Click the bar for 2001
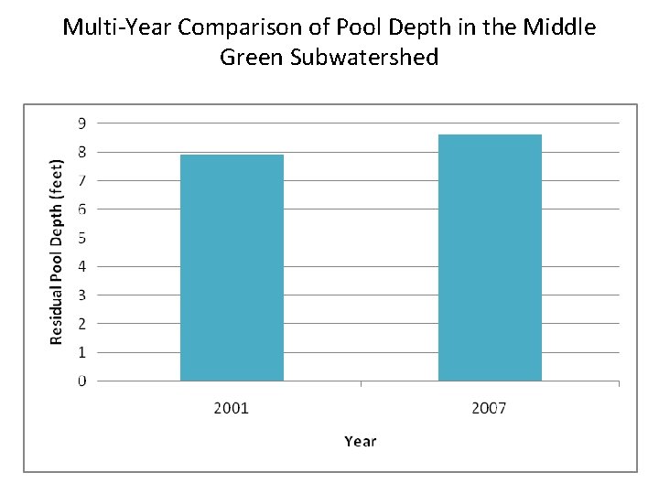[232, 267]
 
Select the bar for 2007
[490, 257]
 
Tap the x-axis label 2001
[232, 408]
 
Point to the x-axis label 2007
[490, 408]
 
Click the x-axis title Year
[361, 441]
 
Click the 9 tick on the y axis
[82, 123]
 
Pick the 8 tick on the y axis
[82, 152]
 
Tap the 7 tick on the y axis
[82, 180]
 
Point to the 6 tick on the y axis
[82, 209]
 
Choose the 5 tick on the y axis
[82, 238]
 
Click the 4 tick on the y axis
[82, 266]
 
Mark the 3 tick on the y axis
[82, 295]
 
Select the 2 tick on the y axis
[82, 323]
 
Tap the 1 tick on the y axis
[82, 352]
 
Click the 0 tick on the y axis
[82, 381]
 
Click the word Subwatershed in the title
[365, 58]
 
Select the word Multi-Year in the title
[117, 27]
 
